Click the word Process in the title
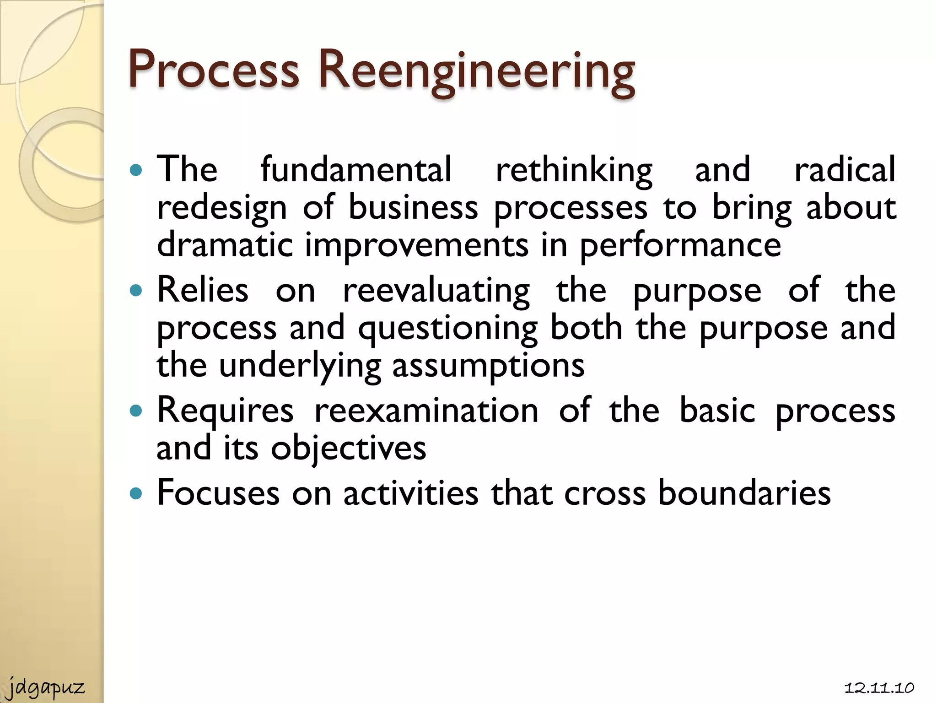[x=214, y=70]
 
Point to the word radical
[x=845, y=169]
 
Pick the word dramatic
[x=225, y=245]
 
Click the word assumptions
[x=488, y=367]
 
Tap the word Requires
[x=225, y=411]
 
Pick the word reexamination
[x=426, y=411]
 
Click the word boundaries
[x=744, y=493]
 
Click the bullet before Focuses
[x=136, y=493]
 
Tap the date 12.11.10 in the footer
[x=879, y=688]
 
